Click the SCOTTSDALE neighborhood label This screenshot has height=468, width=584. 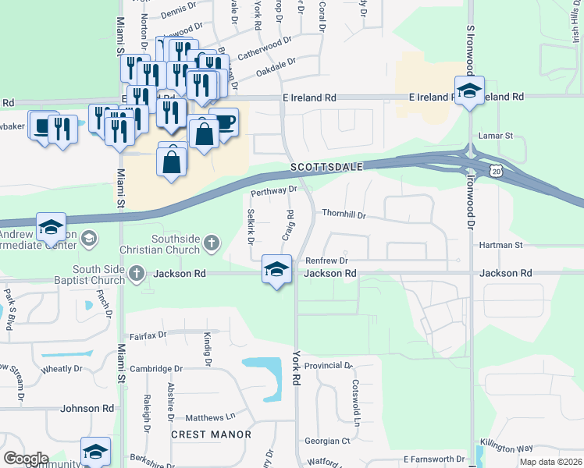[x=327, y=168]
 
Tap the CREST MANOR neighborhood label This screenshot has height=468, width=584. [x=212, y=434]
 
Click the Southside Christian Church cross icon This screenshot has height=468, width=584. [x=210, y=244]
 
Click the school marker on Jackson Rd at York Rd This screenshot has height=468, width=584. [x=276, y=270]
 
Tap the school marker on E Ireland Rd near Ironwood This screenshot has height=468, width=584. [x=469, y=91]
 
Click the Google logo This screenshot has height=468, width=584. [x=26, y=459]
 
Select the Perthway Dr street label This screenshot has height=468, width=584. [x=274, y=190]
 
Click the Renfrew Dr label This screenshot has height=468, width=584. [x=326, y=261]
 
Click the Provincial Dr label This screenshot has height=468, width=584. [x=329, y=365]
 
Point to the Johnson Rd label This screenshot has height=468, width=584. [x=87, y=409]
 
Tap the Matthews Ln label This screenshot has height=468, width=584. [x=210, y=417]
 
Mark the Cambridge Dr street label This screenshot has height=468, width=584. [x=156, y=369]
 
